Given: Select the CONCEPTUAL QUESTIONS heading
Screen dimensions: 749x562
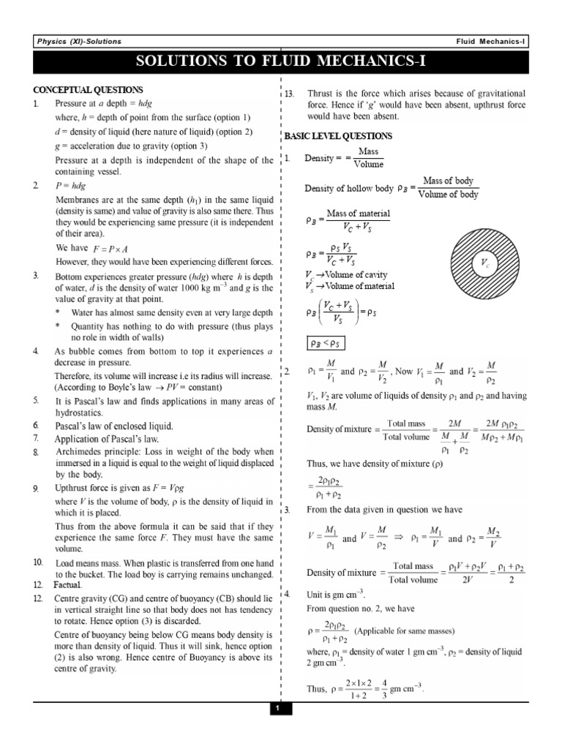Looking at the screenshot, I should (x=88, y=90).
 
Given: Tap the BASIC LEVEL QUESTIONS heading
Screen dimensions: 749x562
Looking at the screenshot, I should (x=338, y=136).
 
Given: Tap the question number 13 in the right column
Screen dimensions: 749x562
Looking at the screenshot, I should (x=289, y=94).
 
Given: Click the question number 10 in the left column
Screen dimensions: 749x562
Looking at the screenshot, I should (x=38, y=562).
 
